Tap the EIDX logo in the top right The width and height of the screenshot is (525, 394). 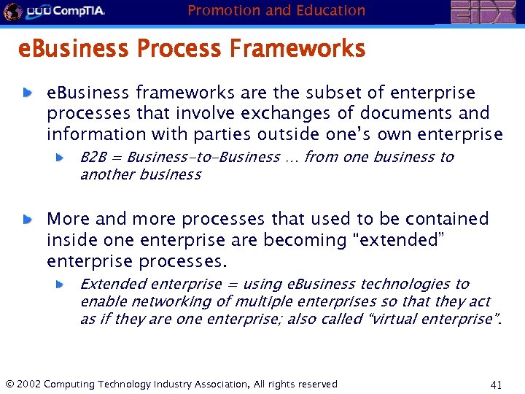pyautogui.click(x=483, y=12)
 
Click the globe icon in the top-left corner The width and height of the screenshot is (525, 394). pyautogui.click(x=11, y=11)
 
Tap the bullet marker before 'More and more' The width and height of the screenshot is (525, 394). pyautogui.click(x=26, y=219)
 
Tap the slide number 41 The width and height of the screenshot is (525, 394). pyautogui.click(x=497, y=384)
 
